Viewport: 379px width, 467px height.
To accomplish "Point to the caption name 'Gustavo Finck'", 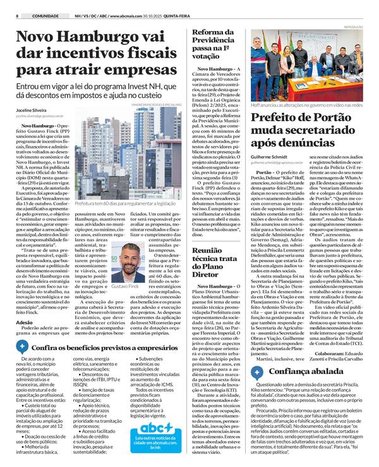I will click(x=128, y=287).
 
